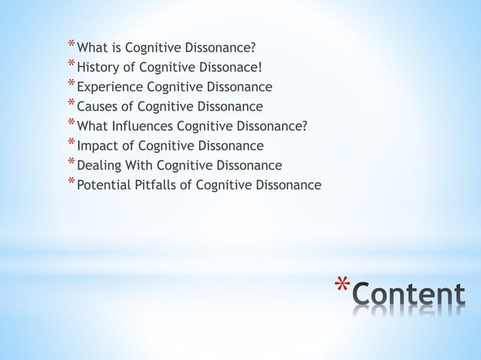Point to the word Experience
point(106,87)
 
